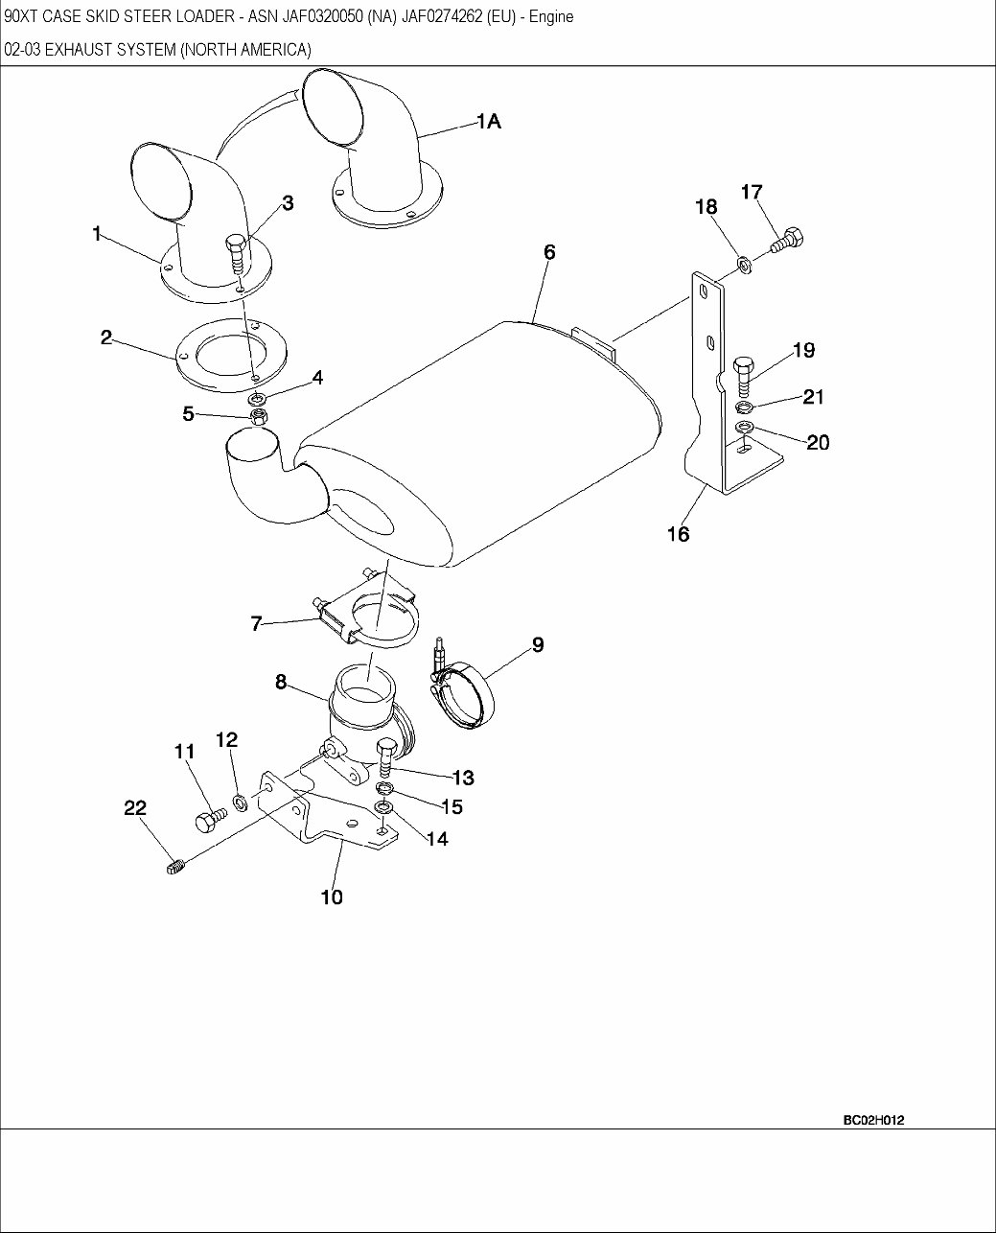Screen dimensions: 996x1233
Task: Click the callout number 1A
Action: tap(489, 121)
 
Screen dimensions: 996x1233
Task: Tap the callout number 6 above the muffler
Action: tap(549, 252)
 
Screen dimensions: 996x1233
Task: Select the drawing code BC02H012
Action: tap(873, 1120)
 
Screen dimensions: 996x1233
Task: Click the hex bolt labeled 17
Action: tap(788, 240)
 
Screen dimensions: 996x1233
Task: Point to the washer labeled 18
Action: tap(744, 266)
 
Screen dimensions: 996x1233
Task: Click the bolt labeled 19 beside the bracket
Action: tap(744, 376)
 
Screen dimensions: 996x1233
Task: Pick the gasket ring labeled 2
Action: tap(231, 355)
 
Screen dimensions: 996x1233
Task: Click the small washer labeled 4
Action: tap(257, 399)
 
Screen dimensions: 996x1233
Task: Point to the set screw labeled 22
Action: tap(175, 867)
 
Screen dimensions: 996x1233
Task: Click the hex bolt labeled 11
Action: tap(211, 820)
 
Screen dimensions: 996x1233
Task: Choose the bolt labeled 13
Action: tap(386, 758)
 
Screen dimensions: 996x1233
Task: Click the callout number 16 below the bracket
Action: tap(679, 534)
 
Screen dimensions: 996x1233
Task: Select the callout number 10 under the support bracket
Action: tap(332, 896)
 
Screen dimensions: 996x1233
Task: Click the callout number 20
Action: tap(818, 442)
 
